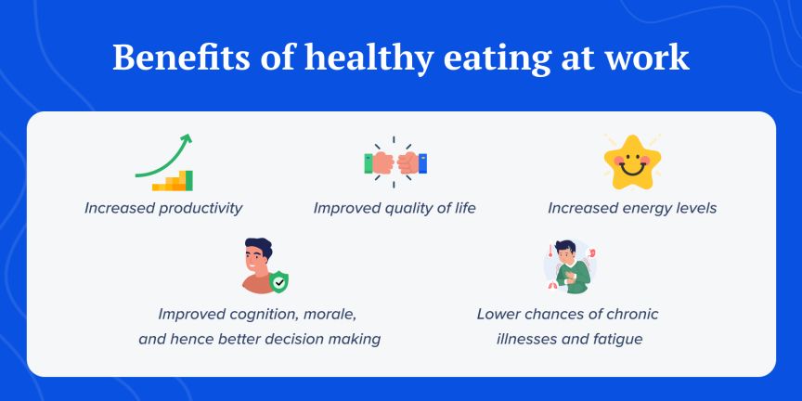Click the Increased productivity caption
pos(163,208)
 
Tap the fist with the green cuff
pos(381,163)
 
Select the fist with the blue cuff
pos(411,163)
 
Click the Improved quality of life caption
pos(395,208)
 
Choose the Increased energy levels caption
pos(632,208)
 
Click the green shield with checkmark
pos(278,280)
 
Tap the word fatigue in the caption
pos(614,339)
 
